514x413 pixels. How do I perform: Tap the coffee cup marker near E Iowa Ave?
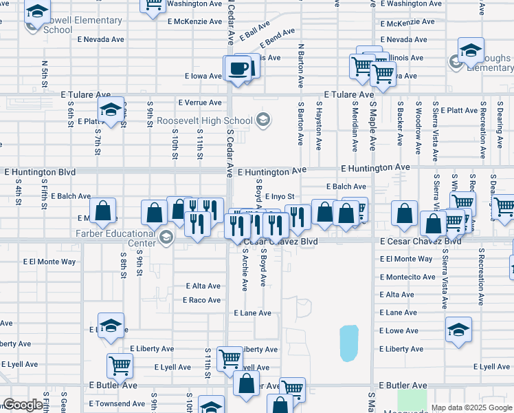[238, 69]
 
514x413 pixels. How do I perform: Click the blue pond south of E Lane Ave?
[349, 343]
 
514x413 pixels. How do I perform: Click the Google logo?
[23, 405]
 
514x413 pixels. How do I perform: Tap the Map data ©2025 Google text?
[471, 407]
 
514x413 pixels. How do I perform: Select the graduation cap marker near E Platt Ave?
[111, 110]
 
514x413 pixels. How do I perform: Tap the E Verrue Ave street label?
[199, 103]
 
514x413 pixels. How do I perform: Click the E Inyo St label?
[279, 197]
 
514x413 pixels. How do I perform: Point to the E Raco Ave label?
[201, 300]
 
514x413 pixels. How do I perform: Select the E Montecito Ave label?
[407, 277]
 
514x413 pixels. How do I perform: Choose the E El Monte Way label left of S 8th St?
[49, 262]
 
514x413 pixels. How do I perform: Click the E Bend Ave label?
[278, 34]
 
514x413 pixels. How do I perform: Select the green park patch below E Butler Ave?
[412, 401]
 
